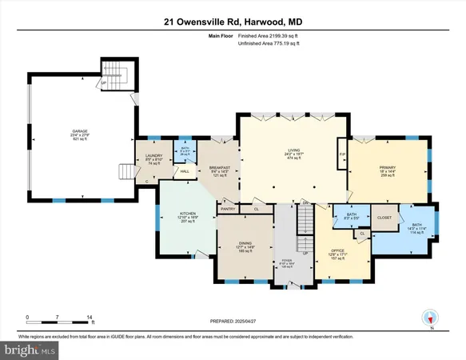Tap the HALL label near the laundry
click(x=183, y=171)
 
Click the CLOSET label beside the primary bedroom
click(x=384, y=216)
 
